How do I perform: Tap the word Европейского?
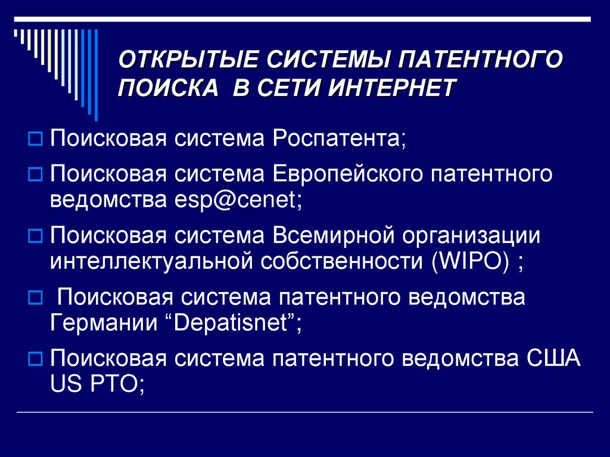click(348, 173)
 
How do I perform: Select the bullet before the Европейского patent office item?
click(35, 174)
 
